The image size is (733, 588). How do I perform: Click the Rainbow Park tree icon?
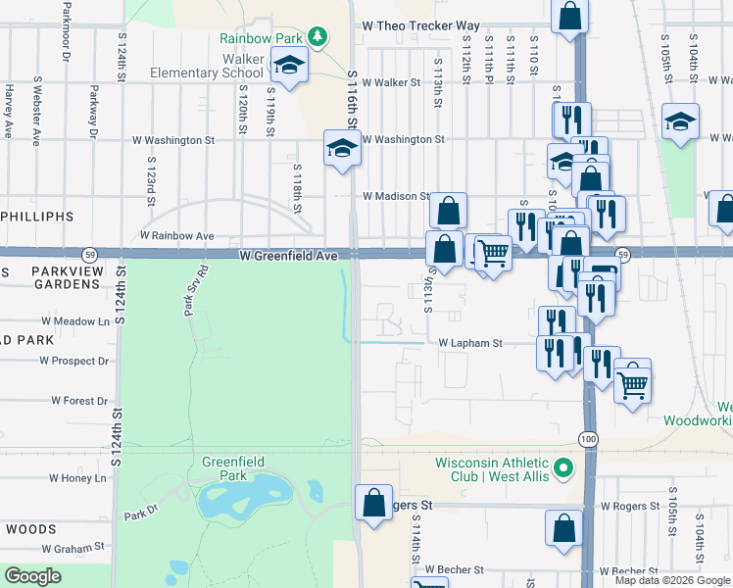(x=317, y=37)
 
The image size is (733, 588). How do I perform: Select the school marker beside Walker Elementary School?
(x=289, y=66)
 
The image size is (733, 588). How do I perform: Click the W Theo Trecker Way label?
(x=420, y=25)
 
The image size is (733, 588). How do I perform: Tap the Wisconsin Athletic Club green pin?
(x=563, y=469)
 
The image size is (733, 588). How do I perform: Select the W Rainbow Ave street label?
(x=176, y=236)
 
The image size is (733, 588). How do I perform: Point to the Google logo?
(x=32, y=577)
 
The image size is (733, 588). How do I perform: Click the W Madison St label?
(x=396, y=196)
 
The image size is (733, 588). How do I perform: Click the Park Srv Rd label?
(x=191, y=290)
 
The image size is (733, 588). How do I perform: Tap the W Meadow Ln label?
(x=75, y=320)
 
